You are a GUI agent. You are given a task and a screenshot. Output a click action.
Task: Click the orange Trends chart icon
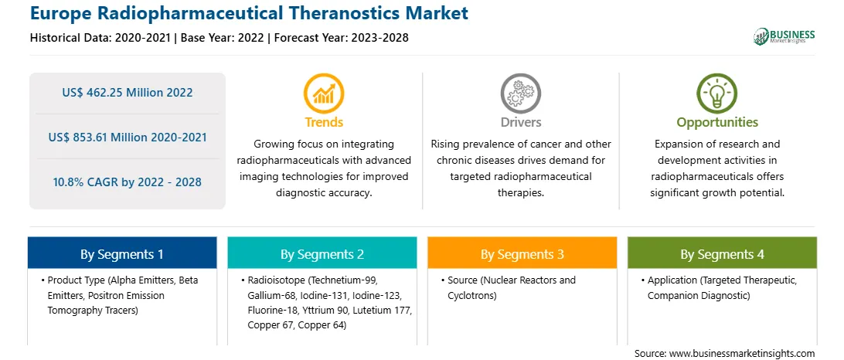pyautogui.click(x=324, y=93)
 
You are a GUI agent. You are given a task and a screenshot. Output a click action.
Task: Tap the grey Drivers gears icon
pyautogui.click(x=520, y=93)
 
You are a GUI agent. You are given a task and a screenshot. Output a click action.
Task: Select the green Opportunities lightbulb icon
pyautogui.click(x=717, y=93)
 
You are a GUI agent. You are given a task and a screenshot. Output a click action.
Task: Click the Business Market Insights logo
pyautogui.click(x=784, y=36)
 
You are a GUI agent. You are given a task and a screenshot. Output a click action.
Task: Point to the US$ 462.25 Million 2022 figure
pyautogui.click(x=127, y=93)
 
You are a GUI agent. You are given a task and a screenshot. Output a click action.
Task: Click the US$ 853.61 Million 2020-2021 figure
pyautogui.click(x=127, y=138)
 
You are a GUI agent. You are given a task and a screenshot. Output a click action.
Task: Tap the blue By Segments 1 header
pyautogui.click(x=122, y=253)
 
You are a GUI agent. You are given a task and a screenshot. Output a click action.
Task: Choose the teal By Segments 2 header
pyautogui.click(x=322, y=253)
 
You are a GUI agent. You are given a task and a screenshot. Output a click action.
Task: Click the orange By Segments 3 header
pyautogui.click(x=522, y=253)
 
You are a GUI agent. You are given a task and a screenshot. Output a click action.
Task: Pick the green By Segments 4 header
pyautogui.click(x=723, y=253)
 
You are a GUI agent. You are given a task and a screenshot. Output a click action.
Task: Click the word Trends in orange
pyautogui.click(x=324, y=122)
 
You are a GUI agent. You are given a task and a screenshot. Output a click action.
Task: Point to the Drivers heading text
pyautogui.click(x=520, y=122)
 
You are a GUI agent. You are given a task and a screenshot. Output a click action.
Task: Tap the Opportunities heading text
pyautogui.click(x=717, y=122)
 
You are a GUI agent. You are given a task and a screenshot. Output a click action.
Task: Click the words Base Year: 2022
pyautogui.click(x=223, y=38)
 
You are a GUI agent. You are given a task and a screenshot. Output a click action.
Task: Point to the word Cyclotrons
pyautogui.click(x=472, y=295)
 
